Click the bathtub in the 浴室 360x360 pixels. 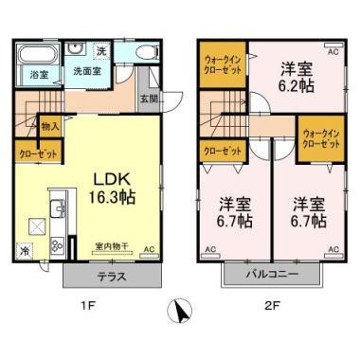click(39, 54)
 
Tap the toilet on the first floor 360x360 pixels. click(148, 51)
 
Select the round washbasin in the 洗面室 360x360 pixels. click(75, 49)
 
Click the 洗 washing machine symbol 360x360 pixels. click(101, 51)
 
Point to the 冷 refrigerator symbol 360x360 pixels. click(24, 251)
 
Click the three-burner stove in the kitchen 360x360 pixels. click(58, 245)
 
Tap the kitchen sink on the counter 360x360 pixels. click(58, 208)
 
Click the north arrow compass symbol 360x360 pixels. click(179, 311)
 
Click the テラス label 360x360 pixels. click(112, 277)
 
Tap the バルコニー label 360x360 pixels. click(272, 274)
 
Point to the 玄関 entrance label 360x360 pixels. click(149, 99)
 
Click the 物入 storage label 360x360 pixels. click(50, 127)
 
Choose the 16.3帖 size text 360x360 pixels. click(112, 198)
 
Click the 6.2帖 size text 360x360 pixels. click(296, 85)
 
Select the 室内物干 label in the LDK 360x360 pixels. click(113, 246)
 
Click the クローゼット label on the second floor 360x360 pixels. click(223, 152)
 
